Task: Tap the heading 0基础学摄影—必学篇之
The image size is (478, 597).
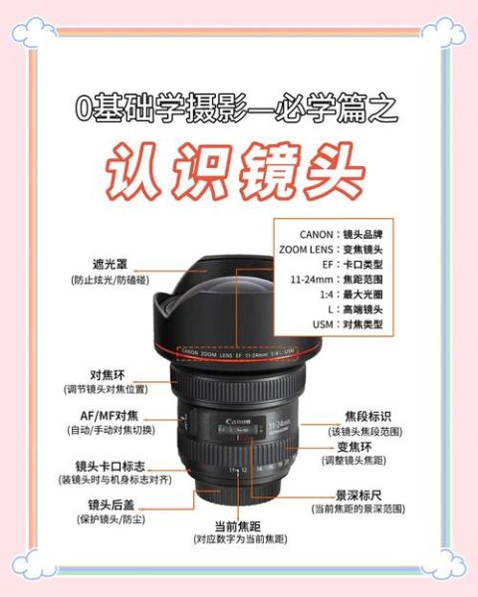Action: tap(237, 106)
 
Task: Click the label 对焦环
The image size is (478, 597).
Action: tap(107, 375)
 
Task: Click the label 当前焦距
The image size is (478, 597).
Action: tap(238, 525)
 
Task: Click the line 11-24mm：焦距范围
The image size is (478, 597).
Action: tap(336, 280)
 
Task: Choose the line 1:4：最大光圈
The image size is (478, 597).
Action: tap(336, 295)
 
